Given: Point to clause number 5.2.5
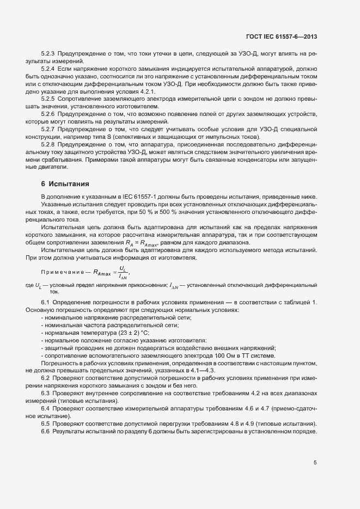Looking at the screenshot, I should point(48,99).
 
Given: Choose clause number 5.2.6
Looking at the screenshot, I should point(48,113).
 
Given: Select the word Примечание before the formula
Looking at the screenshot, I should point(61,272).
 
